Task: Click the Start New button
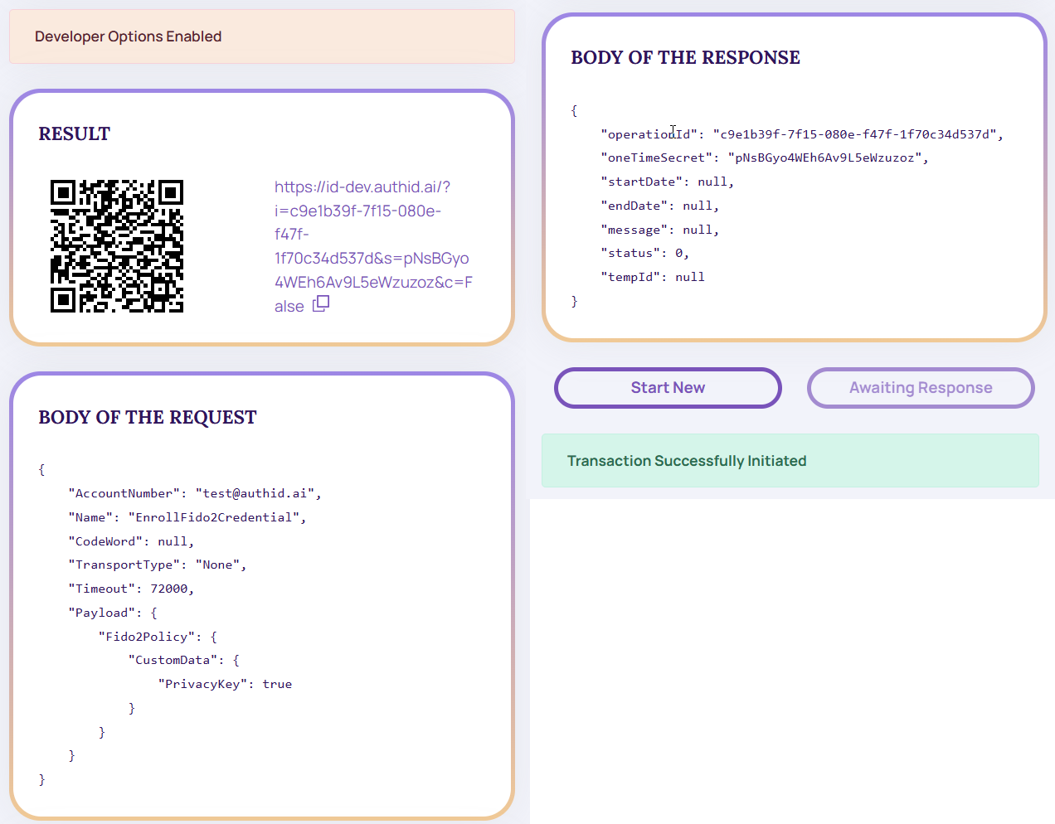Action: [x=668, y=388]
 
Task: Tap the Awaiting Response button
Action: [x=921, y=388]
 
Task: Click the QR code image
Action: [x=117, y=246]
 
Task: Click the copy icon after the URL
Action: [x=321, y=303]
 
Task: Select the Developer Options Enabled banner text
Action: [x=129, y=36]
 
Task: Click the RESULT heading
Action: [x=75, y=134]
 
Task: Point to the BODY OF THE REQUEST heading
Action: [x=148, y=417]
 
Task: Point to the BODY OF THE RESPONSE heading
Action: [x=685, y=58]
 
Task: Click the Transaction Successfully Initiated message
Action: [x=687, y=461]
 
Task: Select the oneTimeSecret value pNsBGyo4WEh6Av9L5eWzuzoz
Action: [x=824, y=158]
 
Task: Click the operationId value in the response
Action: [x=854, y=134]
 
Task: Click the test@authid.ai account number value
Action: [x=255, y=493]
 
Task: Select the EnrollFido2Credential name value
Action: [x=214, y=517]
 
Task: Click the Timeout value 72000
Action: [x=169, y=589]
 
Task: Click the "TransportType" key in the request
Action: [x=124, y=565]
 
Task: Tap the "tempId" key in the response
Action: [x=630, y=277]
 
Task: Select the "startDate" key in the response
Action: [x=641, y=182]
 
